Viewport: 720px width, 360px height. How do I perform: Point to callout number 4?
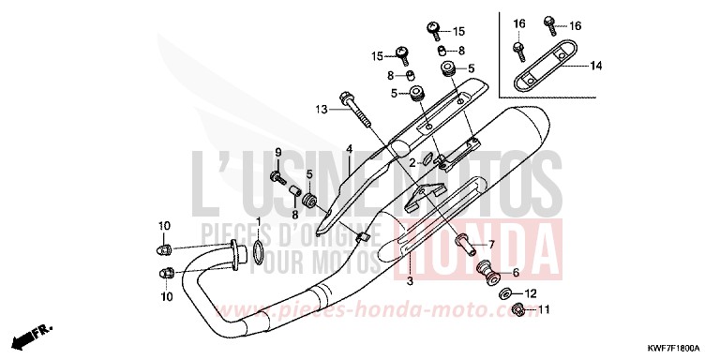(348, 150)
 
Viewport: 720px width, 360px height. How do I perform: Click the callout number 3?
(410, 280)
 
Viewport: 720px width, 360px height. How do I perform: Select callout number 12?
(530, 292)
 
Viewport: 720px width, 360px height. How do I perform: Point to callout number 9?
(277, 153)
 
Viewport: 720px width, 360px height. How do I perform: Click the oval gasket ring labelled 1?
(257, 252)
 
